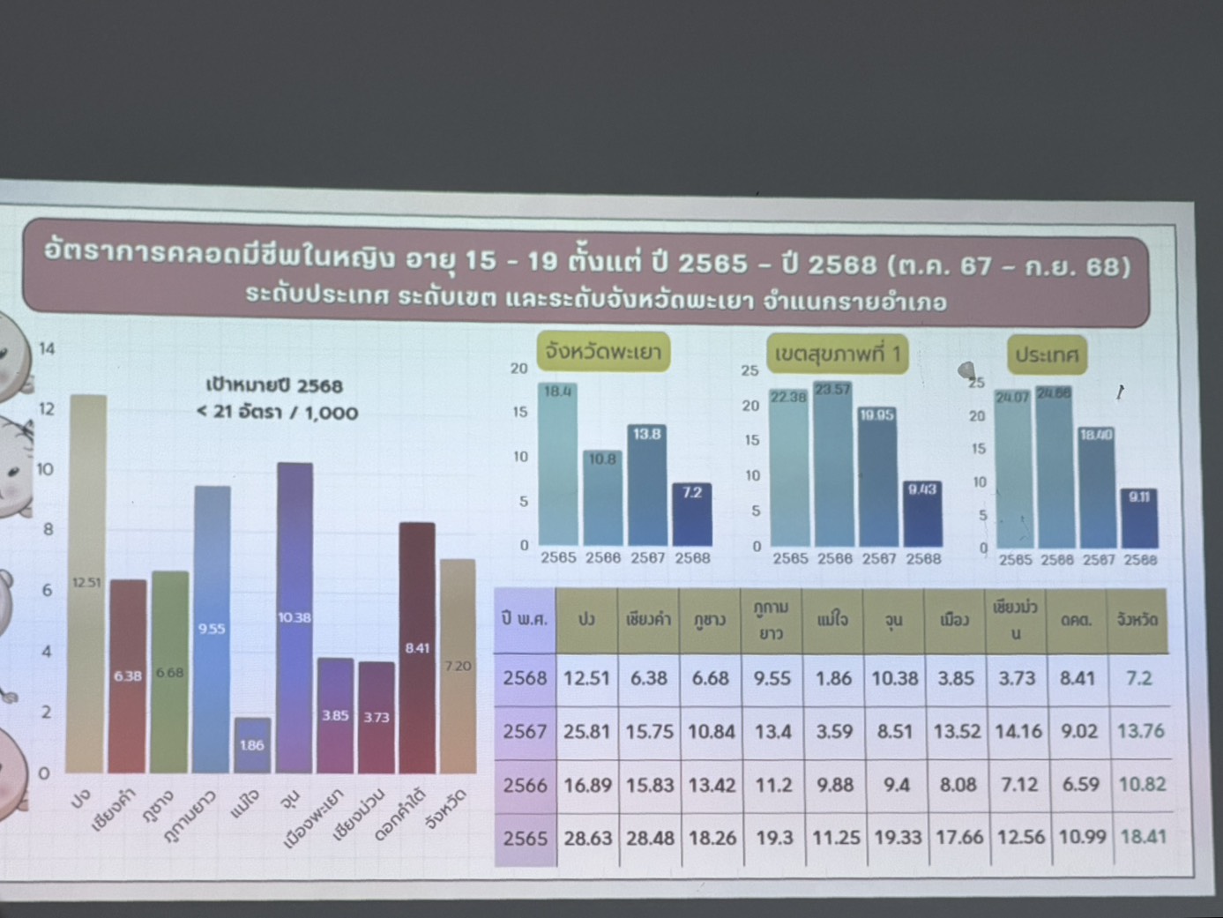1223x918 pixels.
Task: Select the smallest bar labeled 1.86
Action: coord(252,745)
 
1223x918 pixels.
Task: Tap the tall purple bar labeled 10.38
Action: coord(295,617)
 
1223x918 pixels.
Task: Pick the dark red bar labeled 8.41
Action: coord(417,647)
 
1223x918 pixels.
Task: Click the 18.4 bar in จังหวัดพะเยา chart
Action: coord(558,464)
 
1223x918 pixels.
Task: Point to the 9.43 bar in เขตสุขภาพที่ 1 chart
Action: coord(922,513)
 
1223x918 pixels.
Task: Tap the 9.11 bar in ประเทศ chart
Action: coord(1139,518)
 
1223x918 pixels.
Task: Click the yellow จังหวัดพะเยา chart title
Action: coord(603,352)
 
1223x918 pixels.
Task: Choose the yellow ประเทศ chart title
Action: coord(1047,355)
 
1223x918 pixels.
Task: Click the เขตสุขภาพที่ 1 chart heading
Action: coord(838,354)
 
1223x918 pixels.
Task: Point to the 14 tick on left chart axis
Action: coord(46,348)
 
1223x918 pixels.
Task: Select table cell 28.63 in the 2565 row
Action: coord(587,838)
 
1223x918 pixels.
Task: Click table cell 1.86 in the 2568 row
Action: coord(834,678)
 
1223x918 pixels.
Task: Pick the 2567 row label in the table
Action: coord(526,731)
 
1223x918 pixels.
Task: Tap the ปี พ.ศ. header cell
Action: coord(525,619)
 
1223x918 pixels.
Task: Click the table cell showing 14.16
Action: coord(1018,731)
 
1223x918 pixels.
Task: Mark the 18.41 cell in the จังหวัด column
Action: coord(1143,836)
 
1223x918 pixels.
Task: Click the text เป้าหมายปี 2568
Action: coord(274,385)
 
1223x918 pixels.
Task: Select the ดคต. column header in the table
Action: coord(1077,620)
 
